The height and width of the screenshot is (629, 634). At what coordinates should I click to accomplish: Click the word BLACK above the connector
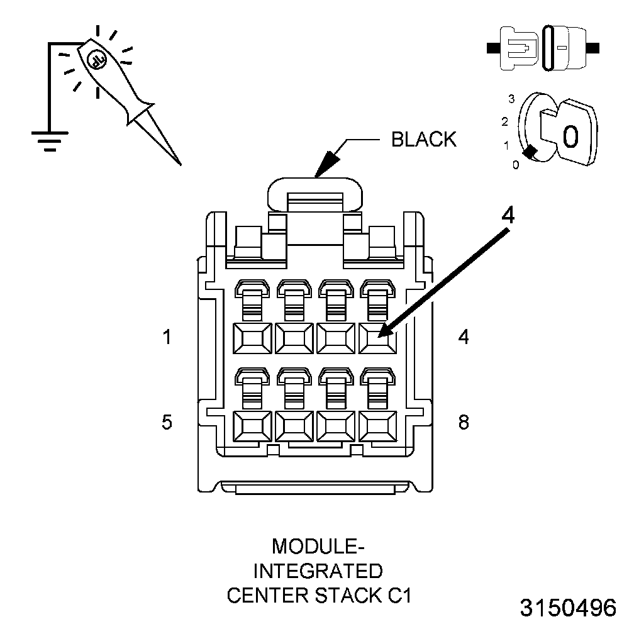423,139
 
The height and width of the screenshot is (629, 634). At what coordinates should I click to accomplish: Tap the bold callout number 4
508,215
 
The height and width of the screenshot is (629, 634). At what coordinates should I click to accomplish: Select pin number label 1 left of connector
167,337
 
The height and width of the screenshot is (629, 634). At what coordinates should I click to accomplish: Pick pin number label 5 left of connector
167,421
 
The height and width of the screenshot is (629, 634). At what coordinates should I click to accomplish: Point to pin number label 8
464,421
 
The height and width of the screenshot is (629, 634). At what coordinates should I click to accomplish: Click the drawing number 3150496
568,608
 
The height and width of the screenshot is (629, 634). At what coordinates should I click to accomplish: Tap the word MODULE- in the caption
318,545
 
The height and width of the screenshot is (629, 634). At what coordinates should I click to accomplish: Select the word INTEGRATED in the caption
318,571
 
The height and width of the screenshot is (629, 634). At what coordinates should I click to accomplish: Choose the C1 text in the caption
398,595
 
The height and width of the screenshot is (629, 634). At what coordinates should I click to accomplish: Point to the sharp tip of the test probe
181,164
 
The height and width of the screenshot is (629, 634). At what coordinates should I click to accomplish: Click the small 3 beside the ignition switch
512,99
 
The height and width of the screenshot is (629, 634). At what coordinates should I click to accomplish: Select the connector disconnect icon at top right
544,47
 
